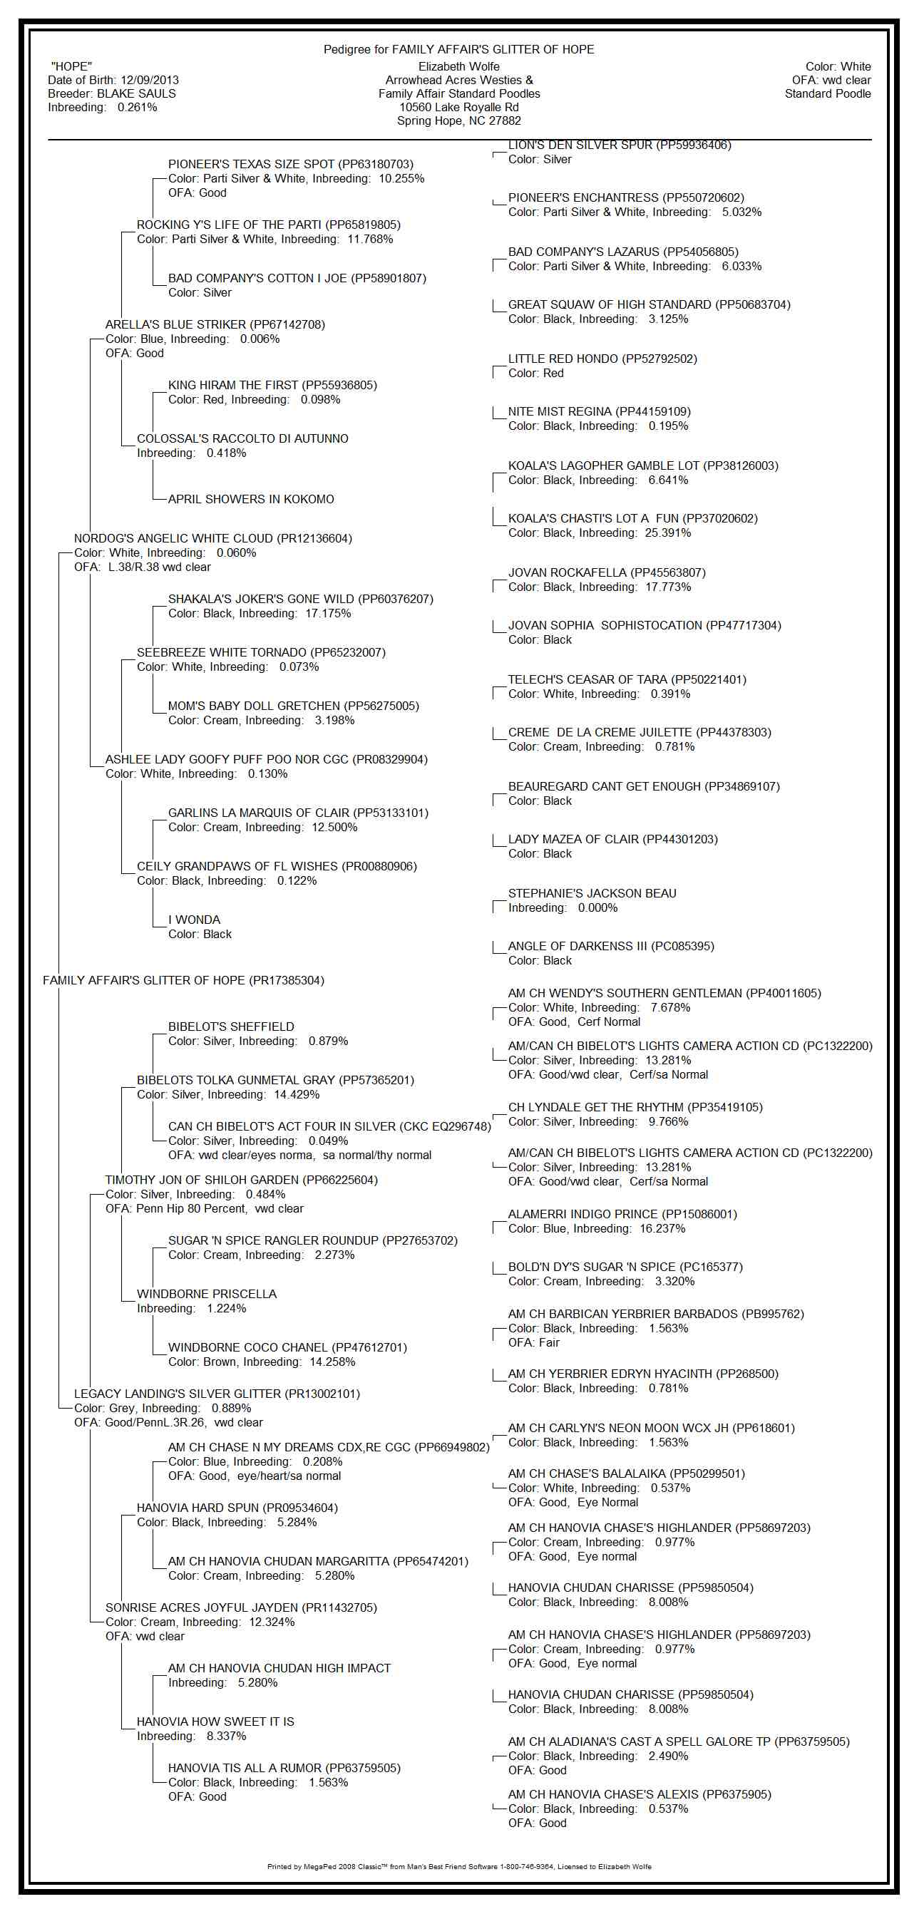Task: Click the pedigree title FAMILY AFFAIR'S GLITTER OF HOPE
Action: click(x=493, y=50)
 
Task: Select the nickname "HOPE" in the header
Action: click(x=71, y=67)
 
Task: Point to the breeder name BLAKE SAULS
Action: click(x=137, y=93)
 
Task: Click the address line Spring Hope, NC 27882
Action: click(x=458, y=120)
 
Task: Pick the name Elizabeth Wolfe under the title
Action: click(x=458, y=67)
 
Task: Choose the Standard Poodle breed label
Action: click(x=828, y=93)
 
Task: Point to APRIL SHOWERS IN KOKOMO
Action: click(x=250, y=499)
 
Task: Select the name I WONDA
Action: click(x=194, y=920)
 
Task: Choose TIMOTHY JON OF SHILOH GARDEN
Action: click(x=241, y=1180)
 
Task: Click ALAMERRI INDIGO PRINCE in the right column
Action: click(x=622, y=1214)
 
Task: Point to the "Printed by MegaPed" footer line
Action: click(x=458, y=1866)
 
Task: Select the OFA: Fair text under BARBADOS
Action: click(x=533, y=1342)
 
